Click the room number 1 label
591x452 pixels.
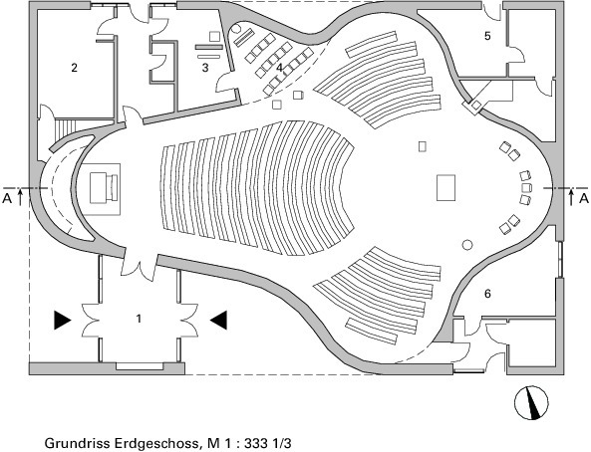pyautogui.click(x=139, y=319)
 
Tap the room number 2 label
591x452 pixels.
pyautogui.click(x=75, y=68)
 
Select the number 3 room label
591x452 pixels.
pyautogui.click(x=205, y=68)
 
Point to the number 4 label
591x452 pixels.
pyautogui.click(x=279, y=68)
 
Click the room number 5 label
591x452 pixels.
pyautogui.click(x=487, y=36)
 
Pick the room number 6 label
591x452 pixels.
pyautogui.click(x=487, y=294)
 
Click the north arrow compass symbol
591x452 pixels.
pyautogui.click(x=531, y=402)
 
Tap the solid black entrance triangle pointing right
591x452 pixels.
pyautogui.click(x=62, y=321)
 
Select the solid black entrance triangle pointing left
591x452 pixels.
pyautogui.click(x=218, y=321)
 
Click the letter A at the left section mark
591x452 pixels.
pyautogui.click(x=7, y=198)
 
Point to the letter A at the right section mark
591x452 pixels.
pyautogui.click(x=584, y=198)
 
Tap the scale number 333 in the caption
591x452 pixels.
pyautogui.click(x=255, y=443)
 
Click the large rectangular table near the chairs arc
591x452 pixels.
pyautogui.click(x=446, y=187)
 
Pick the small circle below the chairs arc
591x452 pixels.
pyautogui.click(x=467, y=245)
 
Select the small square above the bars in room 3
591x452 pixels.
pyautogui.click(x=215, y=37)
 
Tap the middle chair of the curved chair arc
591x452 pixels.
pyautogui.click(x=526, y=187)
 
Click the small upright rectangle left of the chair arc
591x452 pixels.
pyautogui.click(x=423, y=146)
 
